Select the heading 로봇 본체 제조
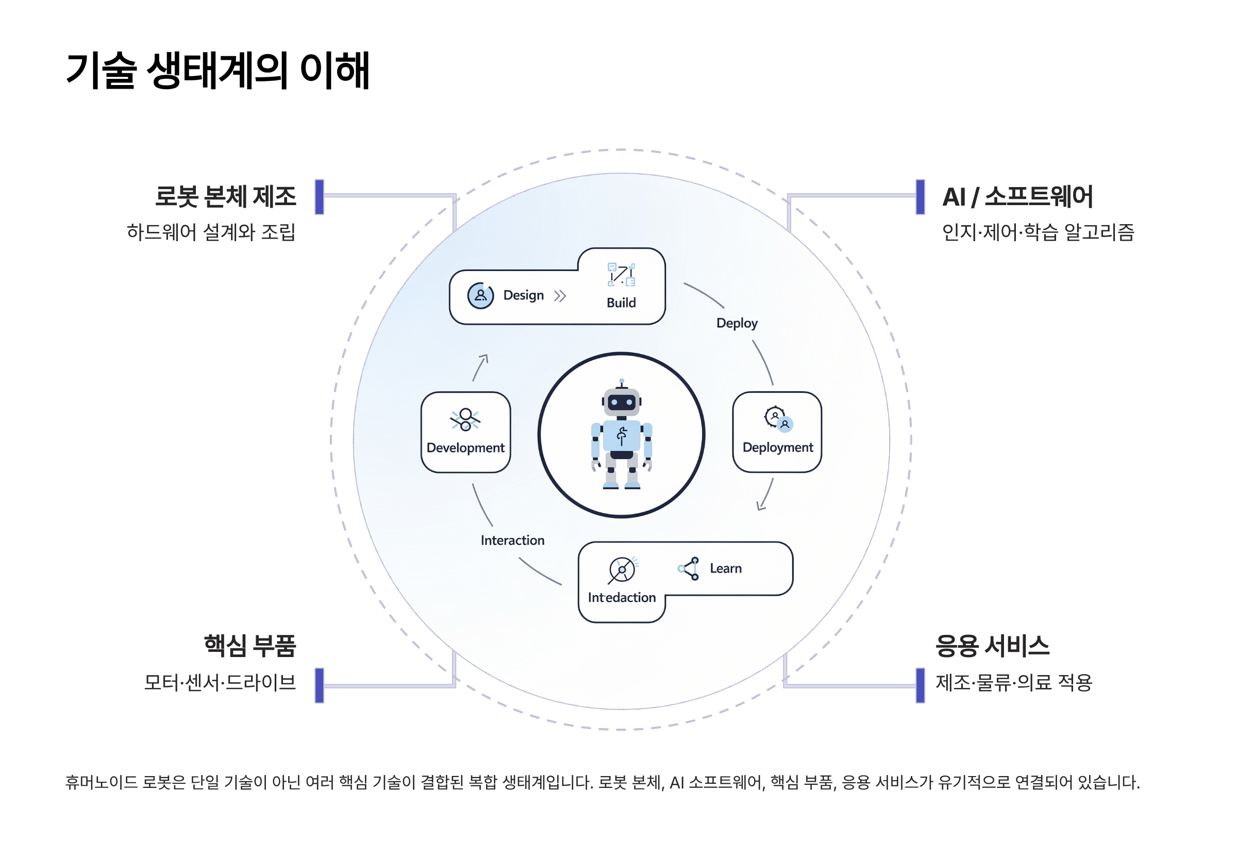[x=225, y=196]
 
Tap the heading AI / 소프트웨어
[x=1016, y=196]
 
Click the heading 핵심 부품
[x=249, y=645]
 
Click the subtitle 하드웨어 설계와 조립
[x=211, y=232]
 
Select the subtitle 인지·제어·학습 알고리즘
[x=1038, y=232]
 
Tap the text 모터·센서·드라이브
[x=220, y=682]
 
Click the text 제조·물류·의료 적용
[x=1013, y=682]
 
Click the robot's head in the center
[x=621, y=402]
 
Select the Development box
[x=465, y=432]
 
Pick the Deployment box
[x=777, y=432]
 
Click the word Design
[x=523, y=295]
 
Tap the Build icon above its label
[x=621, y=275]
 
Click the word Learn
[x=726, y=568]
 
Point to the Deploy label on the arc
[x=737, y=323]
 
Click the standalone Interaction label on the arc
[x=512, y=540]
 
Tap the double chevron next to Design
[x=559, y=296]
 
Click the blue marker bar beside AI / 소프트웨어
[x=920, y=197]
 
